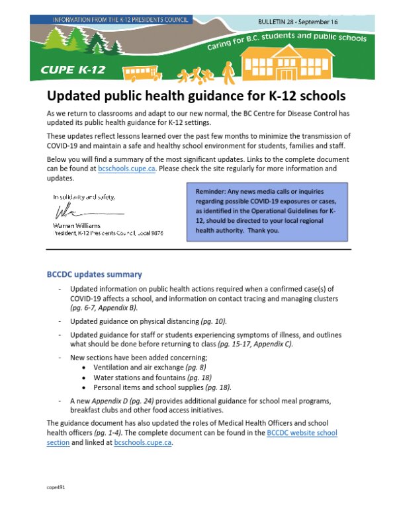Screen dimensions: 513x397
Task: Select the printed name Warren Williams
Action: [x=74, y=225]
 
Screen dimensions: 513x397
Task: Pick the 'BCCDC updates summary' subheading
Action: [x=94, y=274]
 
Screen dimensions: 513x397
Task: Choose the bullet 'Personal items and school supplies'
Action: [x=154, y=387]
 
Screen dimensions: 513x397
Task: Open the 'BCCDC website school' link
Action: [x=302, y=432]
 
